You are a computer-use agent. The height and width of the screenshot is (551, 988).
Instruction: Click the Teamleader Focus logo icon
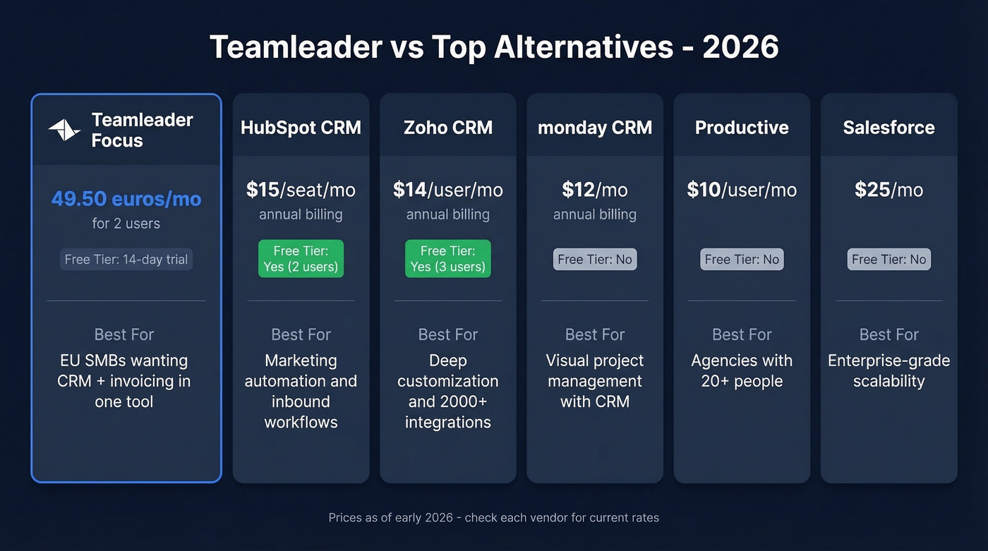(64, 130)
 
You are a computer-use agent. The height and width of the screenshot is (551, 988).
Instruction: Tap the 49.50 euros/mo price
(126, 199)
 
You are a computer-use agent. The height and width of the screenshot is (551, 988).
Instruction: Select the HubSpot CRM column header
(301, 128)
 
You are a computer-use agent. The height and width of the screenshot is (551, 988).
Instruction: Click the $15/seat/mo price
(301, 190)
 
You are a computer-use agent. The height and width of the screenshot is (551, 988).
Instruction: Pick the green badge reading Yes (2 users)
(301, 259)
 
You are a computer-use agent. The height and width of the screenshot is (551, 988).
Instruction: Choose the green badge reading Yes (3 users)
(447, 259)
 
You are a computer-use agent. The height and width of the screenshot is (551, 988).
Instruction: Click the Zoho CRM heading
(447, 128)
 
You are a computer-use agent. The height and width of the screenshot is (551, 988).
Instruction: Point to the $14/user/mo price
(447, 190)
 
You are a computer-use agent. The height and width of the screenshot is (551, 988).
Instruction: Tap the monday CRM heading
(594, 128)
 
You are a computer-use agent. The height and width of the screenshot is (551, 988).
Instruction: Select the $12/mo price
(594, 190)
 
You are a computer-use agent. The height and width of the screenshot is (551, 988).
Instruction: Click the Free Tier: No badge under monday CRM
(594, 260)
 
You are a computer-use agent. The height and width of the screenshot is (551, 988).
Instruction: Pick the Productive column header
(742, 128)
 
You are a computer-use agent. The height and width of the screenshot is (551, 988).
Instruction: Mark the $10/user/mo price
(742, 190)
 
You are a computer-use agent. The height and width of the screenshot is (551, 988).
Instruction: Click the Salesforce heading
(888, 128)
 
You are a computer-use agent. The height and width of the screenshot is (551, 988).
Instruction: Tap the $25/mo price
(888, 190)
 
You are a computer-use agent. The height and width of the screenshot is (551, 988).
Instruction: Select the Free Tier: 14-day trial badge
(126, 260)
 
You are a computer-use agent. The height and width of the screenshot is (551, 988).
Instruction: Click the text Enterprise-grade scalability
(888, 371)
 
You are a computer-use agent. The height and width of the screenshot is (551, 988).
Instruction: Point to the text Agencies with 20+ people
(742, 371)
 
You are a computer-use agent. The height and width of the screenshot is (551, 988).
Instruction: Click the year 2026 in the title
(740, 47)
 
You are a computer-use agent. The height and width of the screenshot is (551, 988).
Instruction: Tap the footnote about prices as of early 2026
(493, 518)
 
